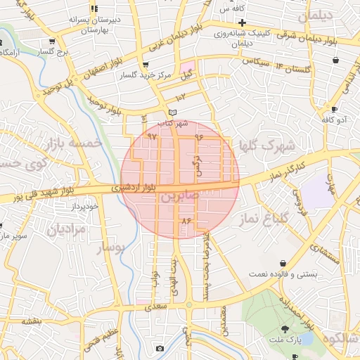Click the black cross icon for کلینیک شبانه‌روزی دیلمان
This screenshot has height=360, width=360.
(x=241, y=23)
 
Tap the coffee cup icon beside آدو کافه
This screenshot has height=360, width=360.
(x=335, y=110)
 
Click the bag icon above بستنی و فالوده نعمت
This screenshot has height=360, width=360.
(x=283, y=262)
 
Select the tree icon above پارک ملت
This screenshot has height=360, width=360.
(x=285, y=329)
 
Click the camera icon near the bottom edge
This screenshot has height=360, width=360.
(x=160, y=349)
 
